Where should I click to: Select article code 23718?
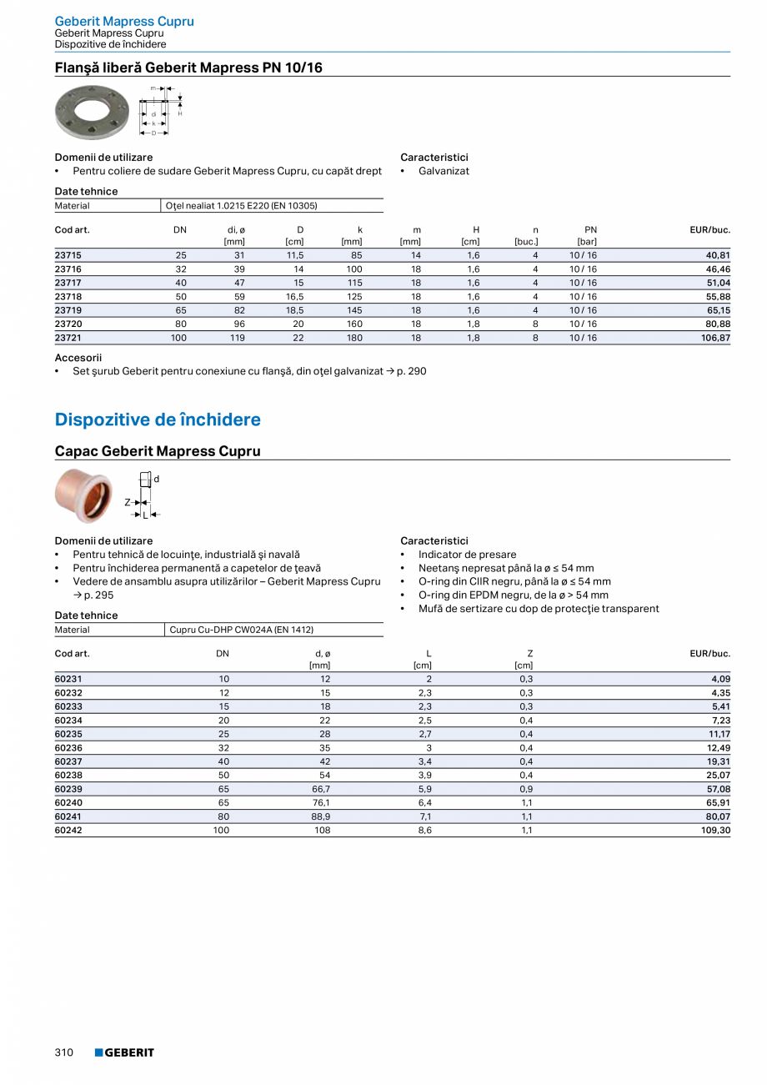click(68, 296)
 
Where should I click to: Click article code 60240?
click(68, 802)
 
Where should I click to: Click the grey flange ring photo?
click(91, 112)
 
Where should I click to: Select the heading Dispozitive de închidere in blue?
click(158, 419)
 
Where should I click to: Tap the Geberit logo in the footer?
click(124, 1052)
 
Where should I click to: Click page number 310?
click(64, 1052)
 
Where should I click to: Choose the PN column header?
click(590, 229)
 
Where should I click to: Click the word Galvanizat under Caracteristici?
click(444, 171)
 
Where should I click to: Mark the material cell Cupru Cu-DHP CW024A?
click(241, 630)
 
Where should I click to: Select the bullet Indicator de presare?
click(467, 555)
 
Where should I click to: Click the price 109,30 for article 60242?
click(714, 831)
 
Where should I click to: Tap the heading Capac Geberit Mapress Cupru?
click(158, 451)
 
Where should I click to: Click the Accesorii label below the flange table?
click(78, 357)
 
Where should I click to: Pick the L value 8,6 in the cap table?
click(424, 831)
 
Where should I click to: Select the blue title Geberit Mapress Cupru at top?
click(124, 21)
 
